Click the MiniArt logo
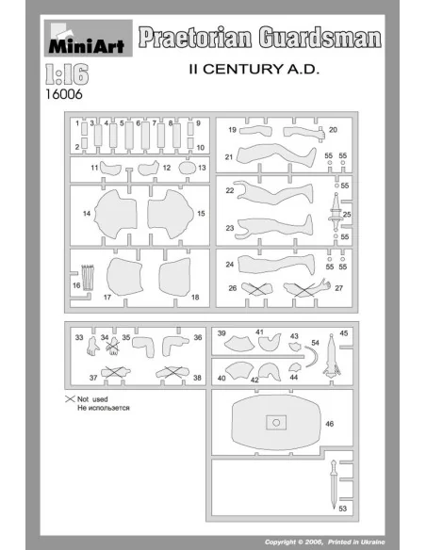[88, 39]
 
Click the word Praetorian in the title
[195, 38]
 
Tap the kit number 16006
[64, 94]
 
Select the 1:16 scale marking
[67, 74]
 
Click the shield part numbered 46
[276, 422]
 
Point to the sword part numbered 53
[334, 484]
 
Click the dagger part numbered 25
[336, 212]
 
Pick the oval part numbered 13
[187, 168]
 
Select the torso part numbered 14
[116, 214]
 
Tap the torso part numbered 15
[171, 214]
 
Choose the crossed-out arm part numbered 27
[307, 287]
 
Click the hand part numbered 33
[92, 346]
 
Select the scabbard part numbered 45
[332, 355]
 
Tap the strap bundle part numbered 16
[88, 278]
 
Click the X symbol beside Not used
[70, 398]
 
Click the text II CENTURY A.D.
[254, 69]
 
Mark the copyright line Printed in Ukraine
[356, 542]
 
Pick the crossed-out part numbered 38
[173, 372]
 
